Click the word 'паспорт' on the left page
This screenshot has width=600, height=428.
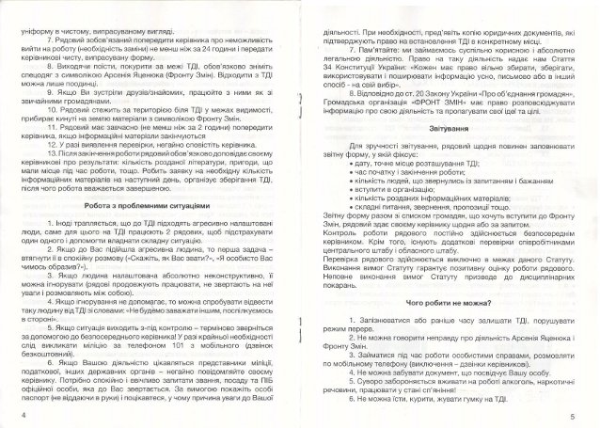(40, 402)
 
